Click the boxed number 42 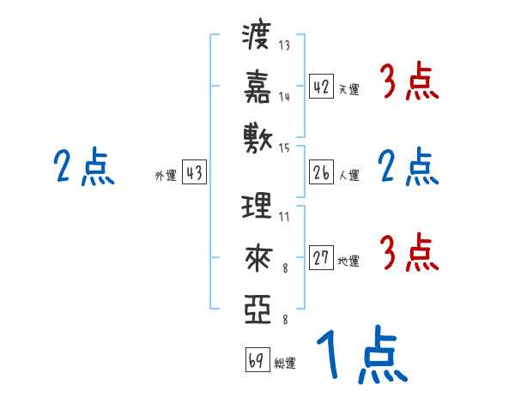321,87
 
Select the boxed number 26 321,173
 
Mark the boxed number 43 194,173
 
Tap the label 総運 285,363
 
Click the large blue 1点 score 360,356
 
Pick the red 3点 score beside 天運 409,84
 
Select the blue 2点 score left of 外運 83,166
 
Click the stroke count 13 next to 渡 284,45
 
